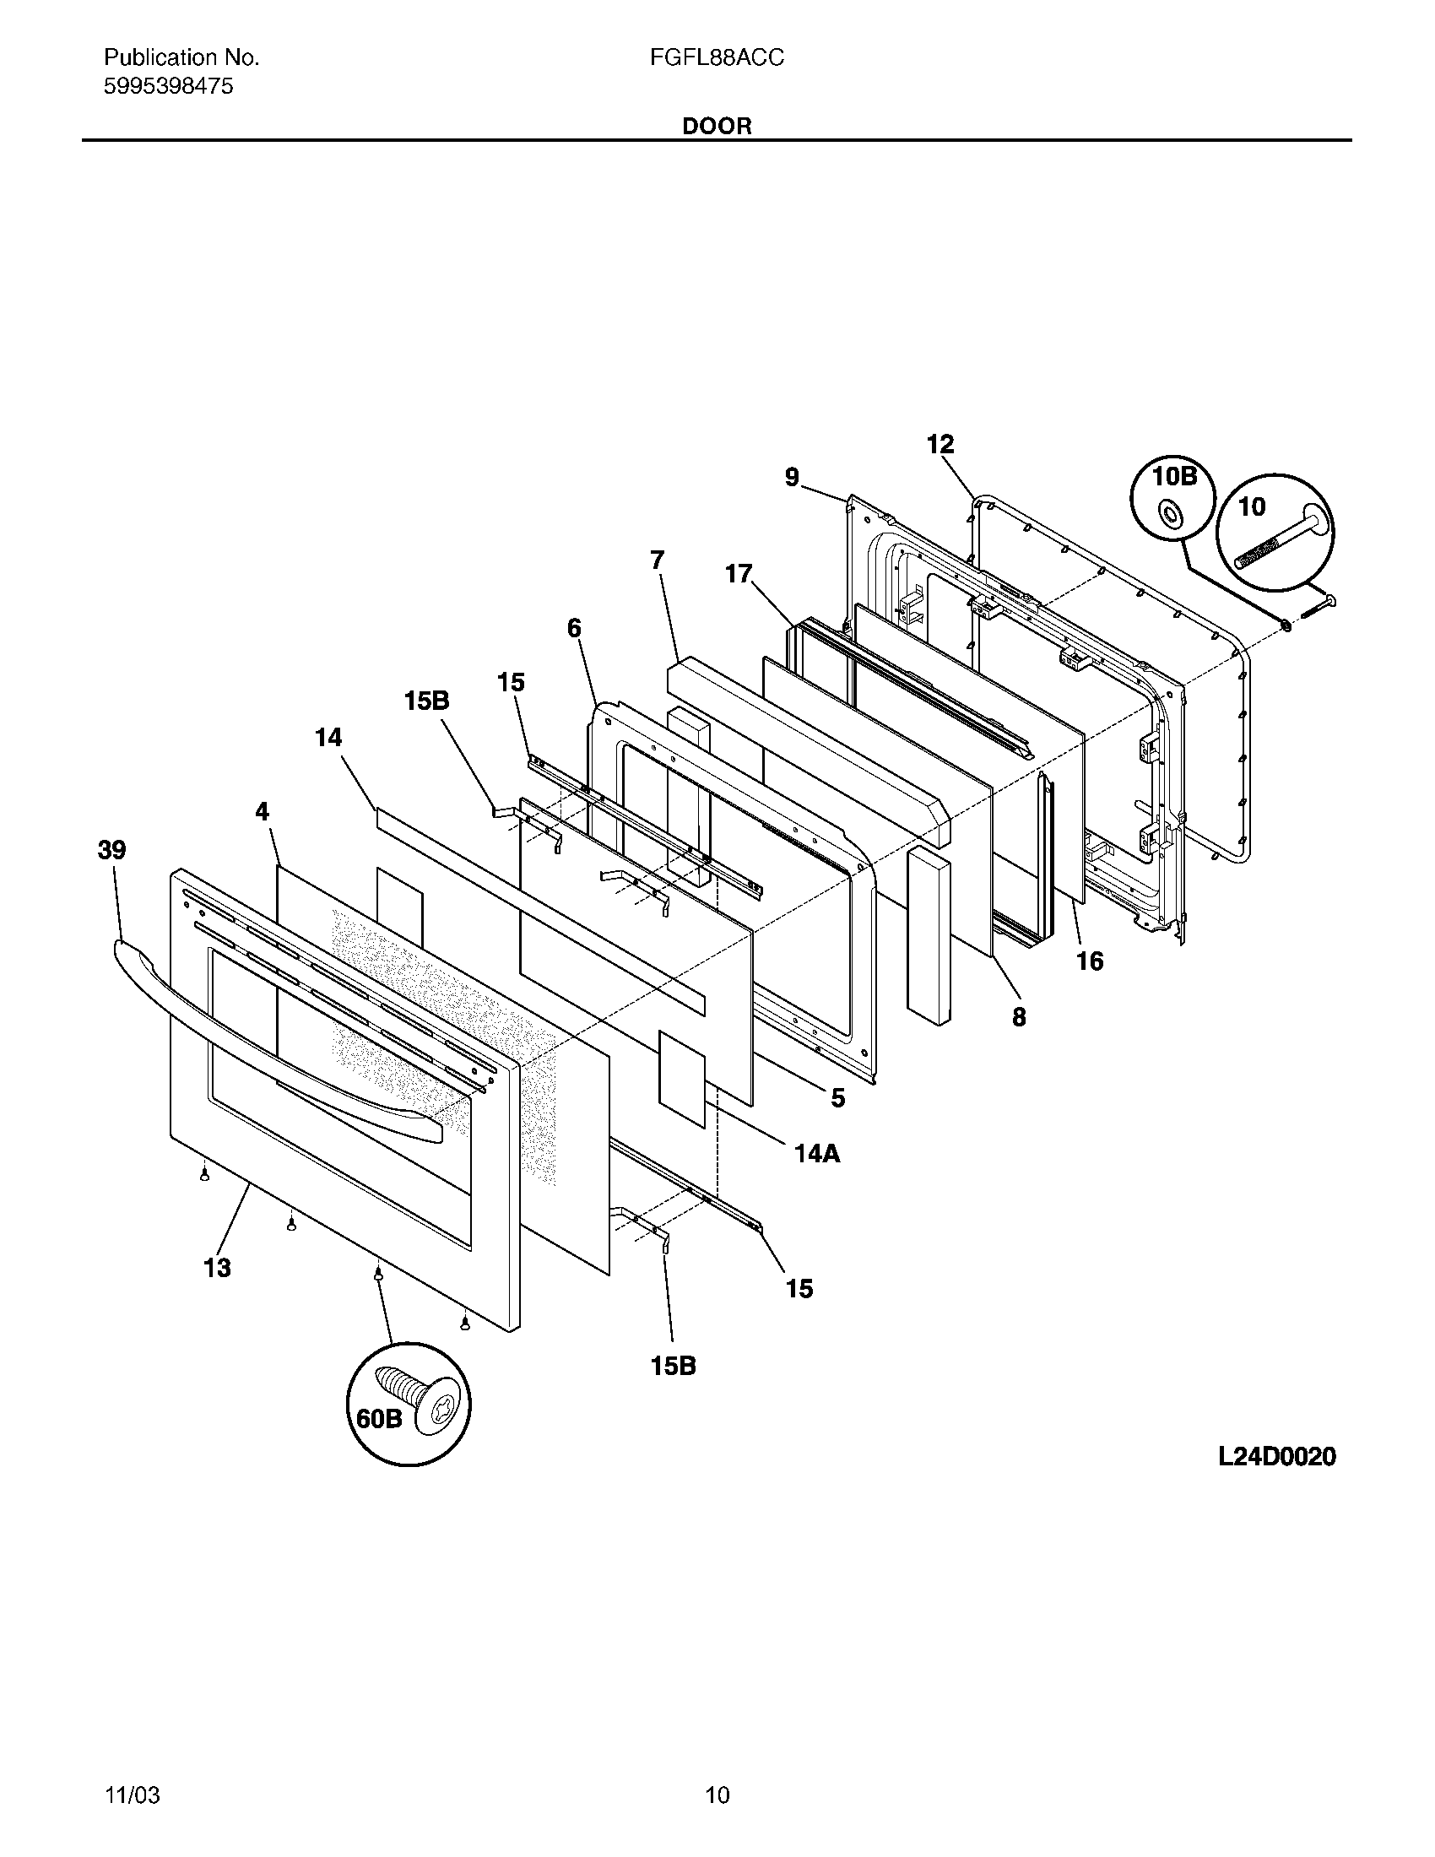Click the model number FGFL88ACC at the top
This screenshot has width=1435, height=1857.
tap(717, 57)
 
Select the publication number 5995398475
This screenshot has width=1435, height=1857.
tap(168, 86)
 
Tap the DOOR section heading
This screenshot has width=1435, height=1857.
tap(717, 127)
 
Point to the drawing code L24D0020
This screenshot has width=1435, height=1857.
tap(1276, 1457)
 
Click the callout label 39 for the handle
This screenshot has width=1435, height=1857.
tap(112, 849)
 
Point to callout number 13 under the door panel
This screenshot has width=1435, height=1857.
tap(217, 1268)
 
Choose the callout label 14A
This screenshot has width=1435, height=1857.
tap(816, 1153)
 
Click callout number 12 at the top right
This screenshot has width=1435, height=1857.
tap(940, 444)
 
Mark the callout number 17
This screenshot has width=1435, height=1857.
tap(739, 574)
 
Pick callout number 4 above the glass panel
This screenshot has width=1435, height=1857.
tap(262, 812)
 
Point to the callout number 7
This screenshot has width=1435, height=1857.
tap(656, 560)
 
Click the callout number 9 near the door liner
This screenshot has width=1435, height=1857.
tap(792, 478)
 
